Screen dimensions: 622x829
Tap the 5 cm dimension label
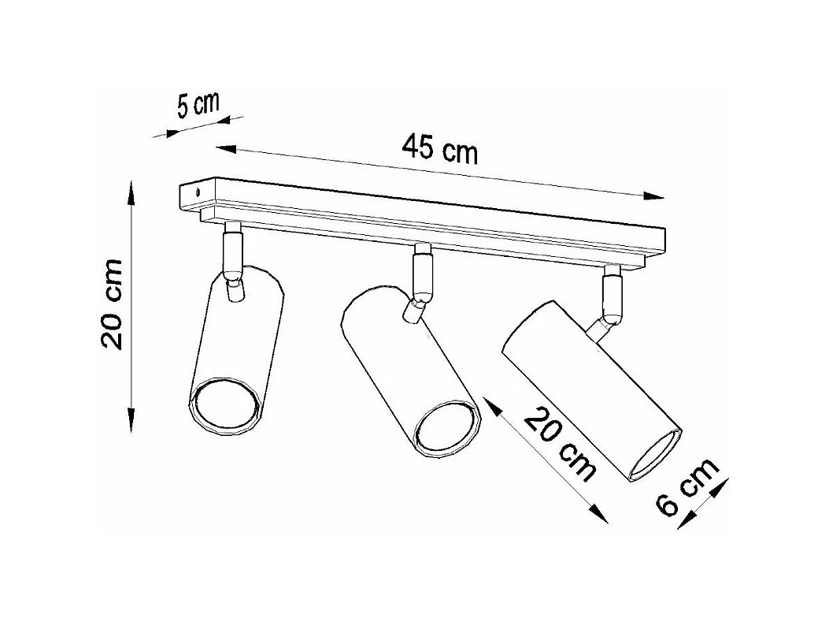click(197, 106)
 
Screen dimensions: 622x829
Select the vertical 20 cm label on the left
click(113, 304)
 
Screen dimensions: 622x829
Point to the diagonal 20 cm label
click(560, 444)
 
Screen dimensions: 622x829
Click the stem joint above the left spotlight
click(233, 254)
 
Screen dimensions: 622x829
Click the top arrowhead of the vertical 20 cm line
click(131, 190)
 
